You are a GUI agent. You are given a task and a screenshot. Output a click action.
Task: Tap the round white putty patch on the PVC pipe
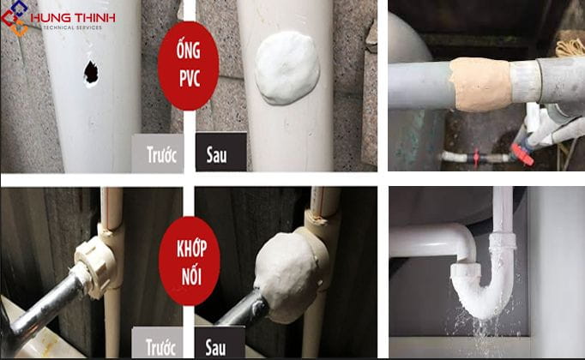pos(287,68)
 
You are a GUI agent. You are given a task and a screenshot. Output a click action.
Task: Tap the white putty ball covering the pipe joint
pos(287,273)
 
